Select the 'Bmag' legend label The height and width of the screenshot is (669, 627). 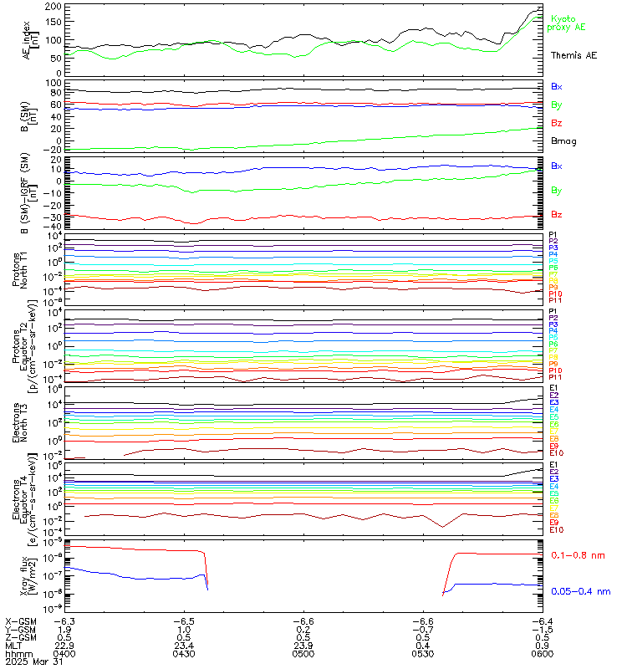[x=563, y=140]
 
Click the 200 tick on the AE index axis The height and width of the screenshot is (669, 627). [x=52, y=7]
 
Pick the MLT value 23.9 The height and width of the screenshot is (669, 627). [x=303, y=644]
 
